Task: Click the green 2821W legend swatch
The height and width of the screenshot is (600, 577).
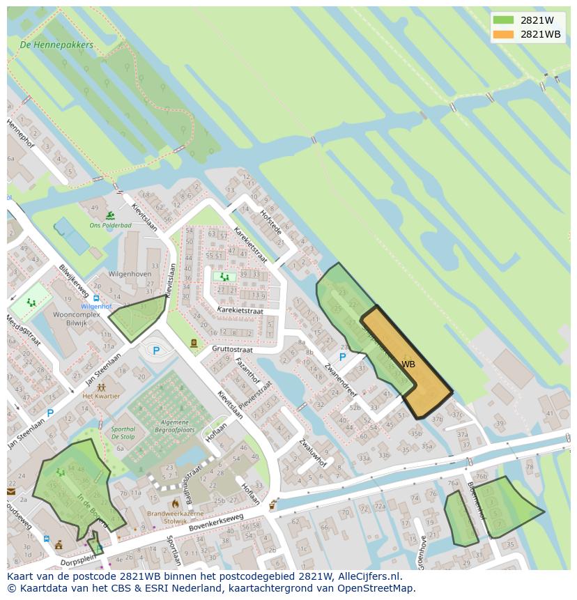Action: point(502,20)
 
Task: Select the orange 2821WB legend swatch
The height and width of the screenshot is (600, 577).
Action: point(502,34)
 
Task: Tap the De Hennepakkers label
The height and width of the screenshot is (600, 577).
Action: point(57,45)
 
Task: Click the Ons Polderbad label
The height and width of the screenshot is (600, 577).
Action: point(111,225)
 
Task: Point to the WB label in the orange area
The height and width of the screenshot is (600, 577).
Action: point(408,364)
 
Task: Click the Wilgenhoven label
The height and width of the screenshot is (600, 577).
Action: point(130,274)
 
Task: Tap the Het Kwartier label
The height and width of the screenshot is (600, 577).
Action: point(101,396)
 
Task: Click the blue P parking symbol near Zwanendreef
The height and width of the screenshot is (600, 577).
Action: point(342,357)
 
